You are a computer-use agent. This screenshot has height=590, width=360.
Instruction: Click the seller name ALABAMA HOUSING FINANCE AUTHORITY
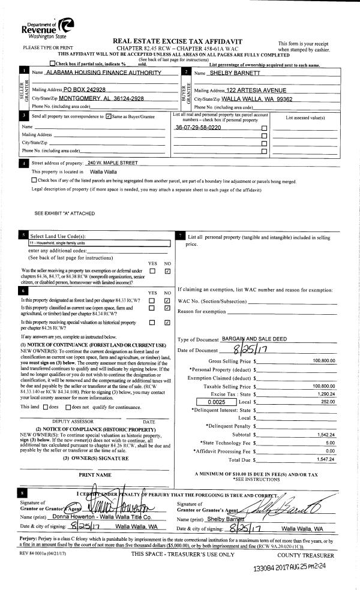coord(104,73)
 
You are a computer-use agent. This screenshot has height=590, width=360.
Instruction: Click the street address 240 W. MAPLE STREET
coord(113,162)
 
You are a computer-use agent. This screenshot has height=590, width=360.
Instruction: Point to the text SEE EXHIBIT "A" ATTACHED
coord(64,213)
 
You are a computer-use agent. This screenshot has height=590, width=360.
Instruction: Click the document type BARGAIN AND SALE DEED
coord(263,339)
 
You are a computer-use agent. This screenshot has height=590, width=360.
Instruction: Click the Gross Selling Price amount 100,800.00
coord(323,360)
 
